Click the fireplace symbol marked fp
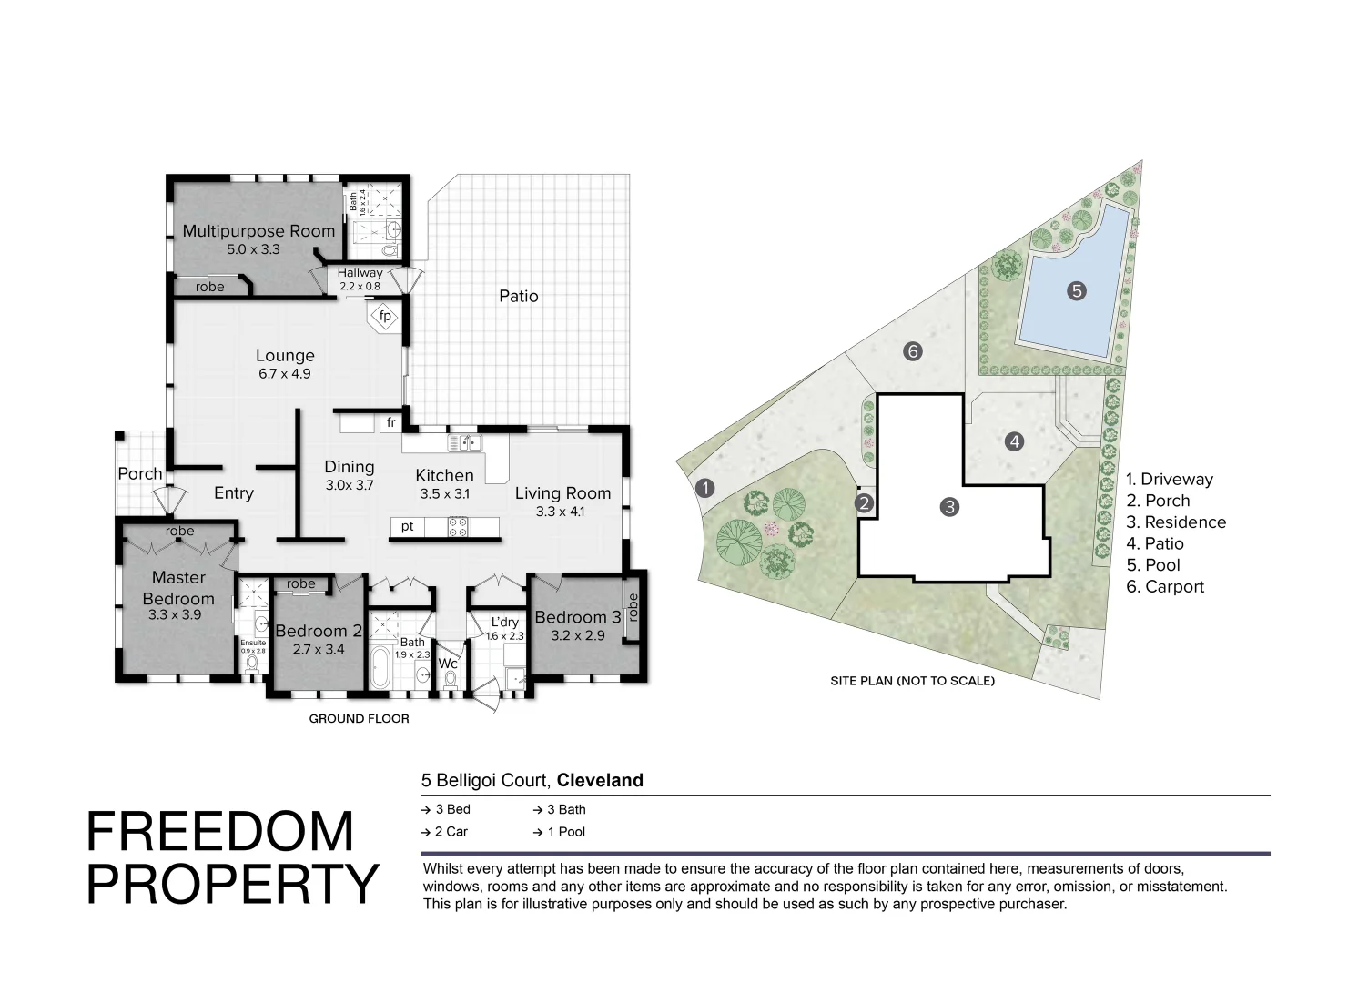pos(385,317)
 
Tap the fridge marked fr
pos(391,422)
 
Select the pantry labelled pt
pos(408,527)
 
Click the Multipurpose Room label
pos(258,231)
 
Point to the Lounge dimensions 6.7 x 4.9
pos(285,373)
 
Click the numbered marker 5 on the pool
pos(1077,291)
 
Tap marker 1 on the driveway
pos(705,488)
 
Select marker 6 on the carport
pos(913,351)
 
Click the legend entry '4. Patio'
pos(1155,544)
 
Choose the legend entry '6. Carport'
pos(1165,587)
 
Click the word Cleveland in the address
pos(600,780)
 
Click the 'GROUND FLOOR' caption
pos(359,719)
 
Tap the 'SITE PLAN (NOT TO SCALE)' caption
pos(912,681)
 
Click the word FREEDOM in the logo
pos(220,831)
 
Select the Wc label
pos(448,664)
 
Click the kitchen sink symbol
pos(465,443)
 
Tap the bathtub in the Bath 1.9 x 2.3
pos(380,668)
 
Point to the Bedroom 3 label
pos(578,617)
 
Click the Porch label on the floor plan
pos(140,474)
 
